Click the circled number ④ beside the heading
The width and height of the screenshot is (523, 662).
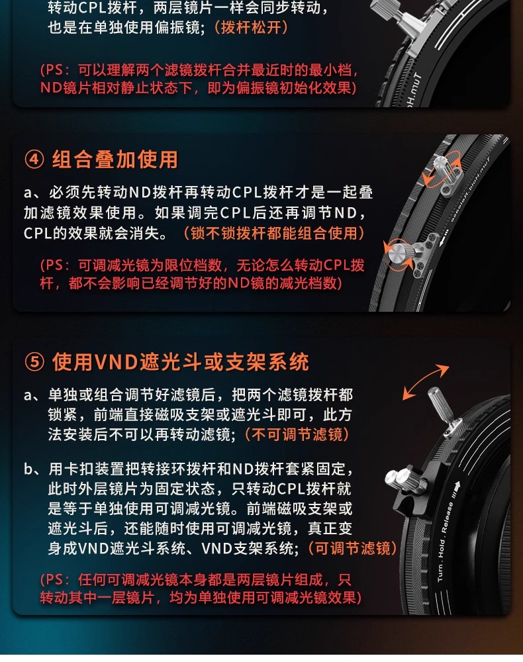[34, 160]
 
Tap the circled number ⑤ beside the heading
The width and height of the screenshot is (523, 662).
[34, 362]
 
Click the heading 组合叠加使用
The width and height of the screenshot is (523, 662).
[115, 160]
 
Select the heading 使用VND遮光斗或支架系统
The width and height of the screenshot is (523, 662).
[180, 362]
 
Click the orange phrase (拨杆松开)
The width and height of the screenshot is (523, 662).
[251, 27]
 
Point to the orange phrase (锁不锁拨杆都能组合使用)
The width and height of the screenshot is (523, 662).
[274, 232]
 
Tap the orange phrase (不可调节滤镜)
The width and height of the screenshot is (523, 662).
[297, 434]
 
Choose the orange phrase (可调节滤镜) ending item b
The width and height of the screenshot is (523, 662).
[352, 548]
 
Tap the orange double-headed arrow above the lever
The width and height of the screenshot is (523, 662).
[425, 382]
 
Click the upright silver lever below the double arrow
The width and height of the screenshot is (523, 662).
[441, 408]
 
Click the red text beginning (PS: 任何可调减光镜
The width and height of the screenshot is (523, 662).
[201, 589]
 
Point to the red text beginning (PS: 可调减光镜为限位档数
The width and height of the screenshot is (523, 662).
[202, 274]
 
